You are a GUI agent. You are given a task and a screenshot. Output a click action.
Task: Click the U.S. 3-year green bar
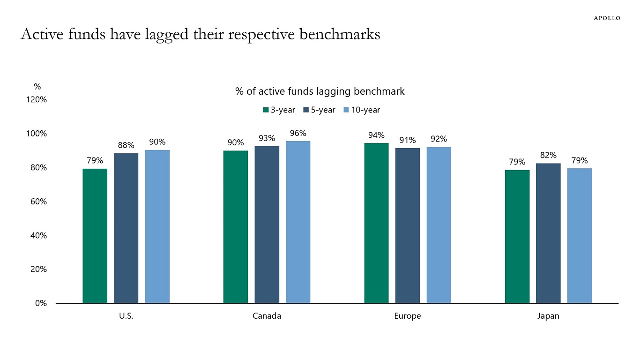95,236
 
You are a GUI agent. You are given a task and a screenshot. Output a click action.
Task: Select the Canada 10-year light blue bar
298,222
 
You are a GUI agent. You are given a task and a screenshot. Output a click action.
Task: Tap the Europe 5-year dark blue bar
408,225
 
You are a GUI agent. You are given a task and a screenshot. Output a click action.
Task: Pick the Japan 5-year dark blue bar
548,233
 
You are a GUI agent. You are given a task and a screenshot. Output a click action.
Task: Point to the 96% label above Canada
298,133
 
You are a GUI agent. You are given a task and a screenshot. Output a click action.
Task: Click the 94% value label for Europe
376,135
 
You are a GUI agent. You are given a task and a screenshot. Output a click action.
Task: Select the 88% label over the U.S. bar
126,145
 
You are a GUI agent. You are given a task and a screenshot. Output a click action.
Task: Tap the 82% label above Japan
548,155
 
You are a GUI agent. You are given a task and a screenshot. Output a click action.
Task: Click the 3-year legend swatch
266,110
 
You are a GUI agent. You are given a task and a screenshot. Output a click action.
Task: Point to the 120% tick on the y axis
36,100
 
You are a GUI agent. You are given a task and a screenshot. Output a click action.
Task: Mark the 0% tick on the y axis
41,303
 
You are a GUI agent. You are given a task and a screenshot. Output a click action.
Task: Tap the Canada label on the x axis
267,316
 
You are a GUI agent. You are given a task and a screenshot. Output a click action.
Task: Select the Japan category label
548,316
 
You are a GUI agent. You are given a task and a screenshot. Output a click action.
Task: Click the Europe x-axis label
408,316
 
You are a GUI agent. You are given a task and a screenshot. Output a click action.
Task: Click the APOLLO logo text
607,18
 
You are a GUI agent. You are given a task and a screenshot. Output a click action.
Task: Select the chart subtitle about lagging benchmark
320,91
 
